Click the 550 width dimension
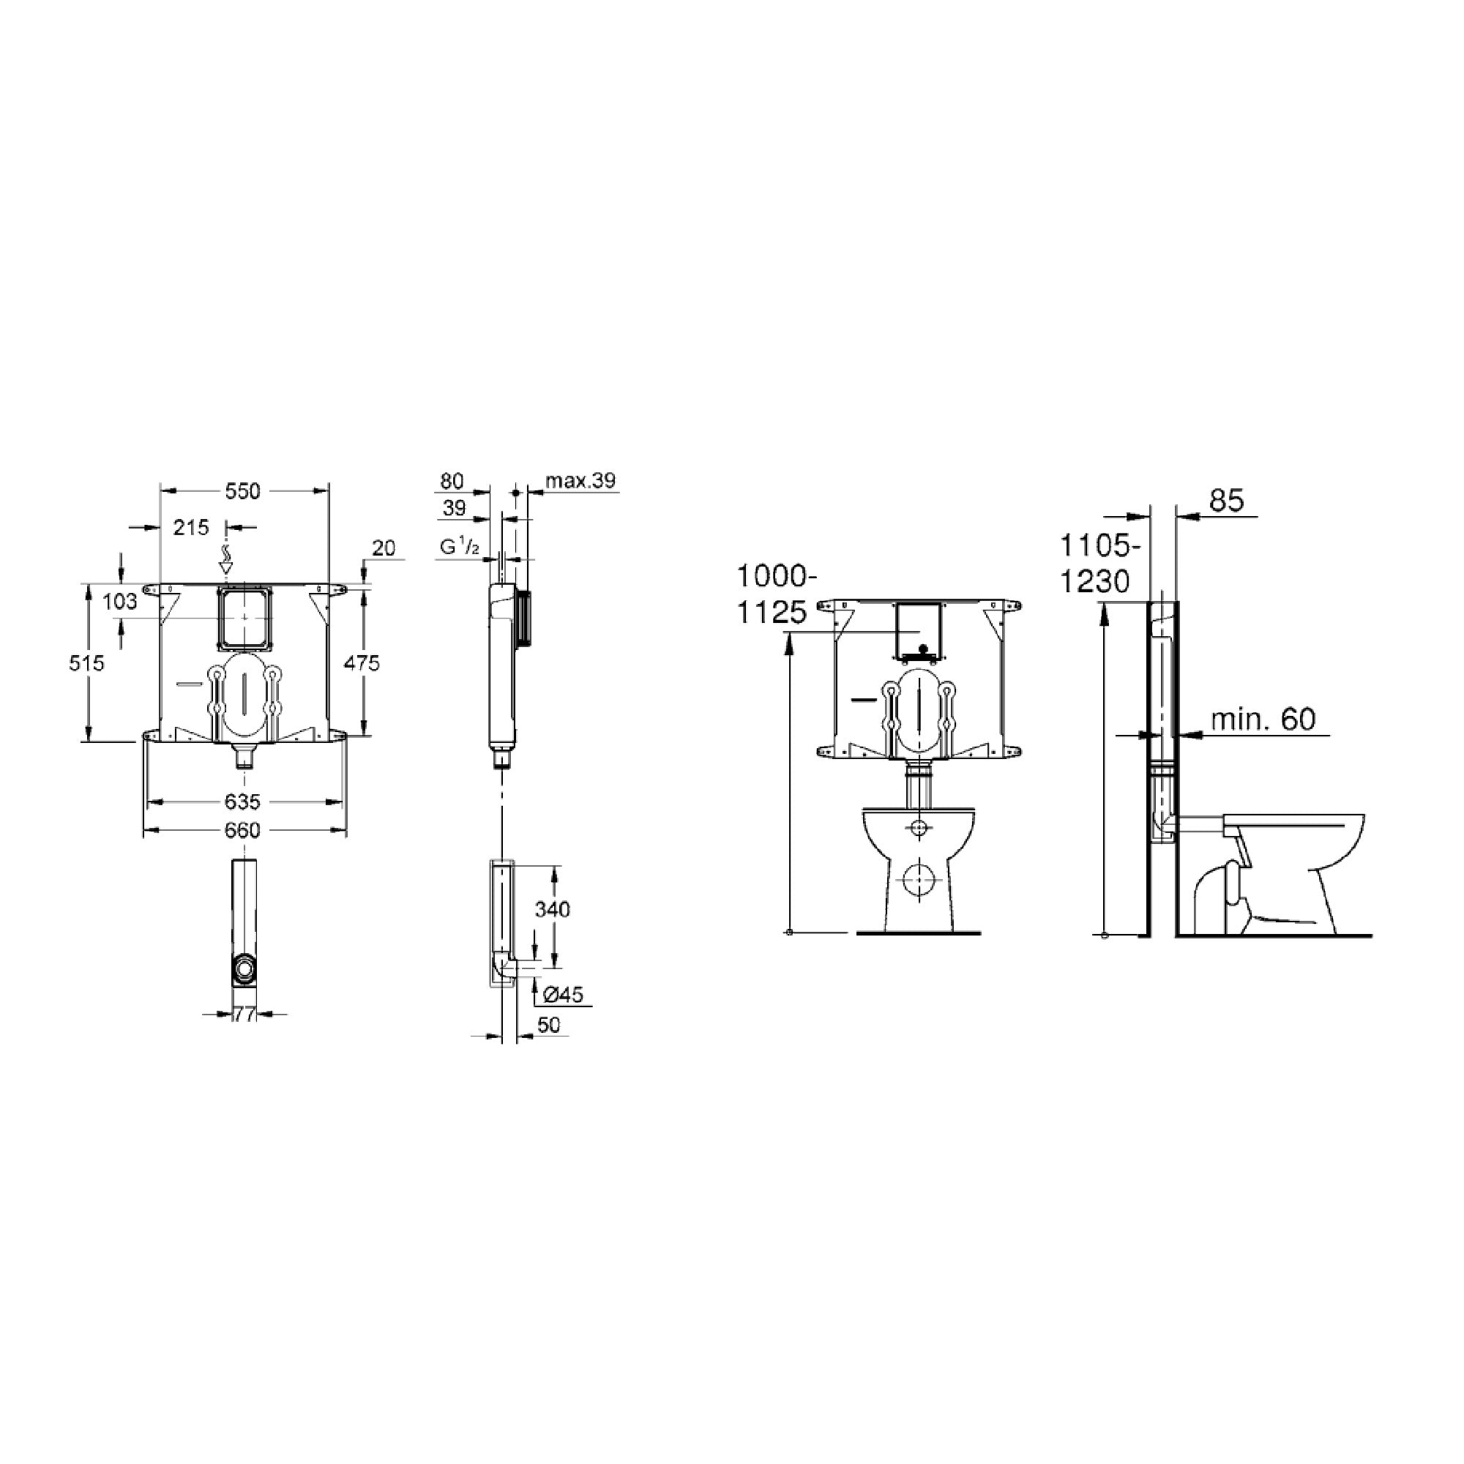pyautogui.click(x=242, y=491)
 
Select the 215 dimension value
pyautogui.click(x=190, y=526)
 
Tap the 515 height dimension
pyautogui.click(x=86, y=663)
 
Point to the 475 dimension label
pyautogui.click(x=362, y=663)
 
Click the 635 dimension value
pyautogui.click(x=242, y=801)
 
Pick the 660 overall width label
pyautogui.click(x=242, y=831)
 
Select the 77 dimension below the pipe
pyautogui.click(x=244, y=1015)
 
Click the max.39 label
pyautogui.click(x=580, y=480)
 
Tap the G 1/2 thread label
pyautogui.click(x=459, y=546)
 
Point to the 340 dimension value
pyautogui.click(x=552, y=908)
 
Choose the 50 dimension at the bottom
pyautogui.click(x=548, y=1025)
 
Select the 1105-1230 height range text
pyautogui.click(x=1097, y=563)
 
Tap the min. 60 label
pyautogui.click(x=1263, y=718)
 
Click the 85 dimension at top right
pyautogui.click(x=1226, y=500)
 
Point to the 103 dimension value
pyautogui.click(x=120, y=602)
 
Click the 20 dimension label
pyautogui.click(x=384, y=548)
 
